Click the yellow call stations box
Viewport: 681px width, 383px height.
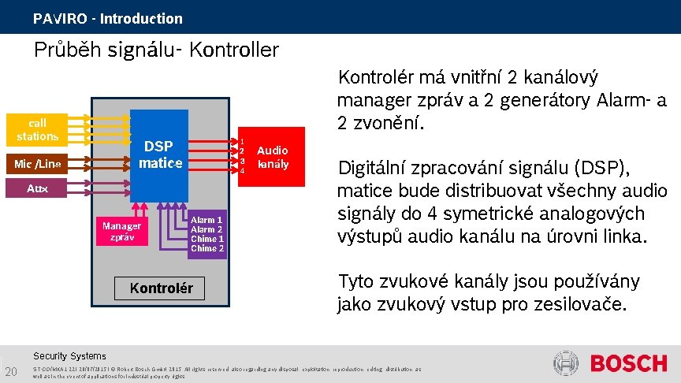(x=37, y=129)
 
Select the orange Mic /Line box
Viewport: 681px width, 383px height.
(x=37, y=164)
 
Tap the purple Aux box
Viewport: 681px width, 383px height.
(x=37, y=189)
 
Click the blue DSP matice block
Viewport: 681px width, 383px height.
(x=159, y=154)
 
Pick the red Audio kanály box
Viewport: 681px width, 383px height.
(x=272, y=157)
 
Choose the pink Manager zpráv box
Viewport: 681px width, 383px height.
(x=121, y=230)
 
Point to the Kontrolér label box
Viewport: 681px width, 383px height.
(x=160, y=288)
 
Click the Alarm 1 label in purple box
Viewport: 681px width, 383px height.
(x=207, y=220)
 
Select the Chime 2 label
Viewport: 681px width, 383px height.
(x=207, y=248)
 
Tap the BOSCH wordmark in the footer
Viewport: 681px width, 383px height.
(x=627, y=364)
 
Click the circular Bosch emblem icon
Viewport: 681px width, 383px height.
(x=566, y=364)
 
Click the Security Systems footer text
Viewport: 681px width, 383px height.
(x=69, y=356)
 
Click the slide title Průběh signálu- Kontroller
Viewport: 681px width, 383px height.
(x=156, y=50)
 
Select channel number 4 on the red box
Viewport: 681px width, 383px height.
(x=242, y=171)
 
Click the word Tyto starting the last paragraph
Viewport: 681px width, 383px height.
(x=355, y=281)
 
